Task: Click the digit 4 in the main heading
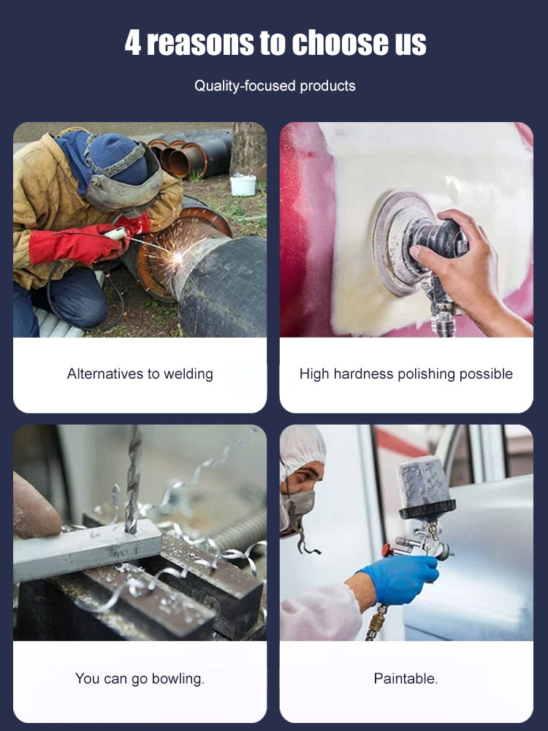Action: point(133,43)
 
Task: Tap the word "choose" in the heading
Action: point(341,42)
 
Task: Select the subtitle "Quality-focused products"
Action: point(275,86)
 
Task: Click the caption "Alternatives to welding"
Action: point(140,374)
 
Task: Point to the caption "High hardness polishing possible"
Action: point(406,374)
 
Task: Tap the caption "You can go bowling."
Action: point(140,679)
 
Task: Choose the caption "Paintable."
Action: point(406,678)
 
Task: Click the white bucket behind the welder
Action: point(243,185)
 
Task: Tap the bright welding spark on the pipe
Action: point(178,257)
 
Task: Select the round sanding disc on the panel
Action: point(396,243)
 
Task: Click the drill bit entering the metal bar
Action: point(133,480)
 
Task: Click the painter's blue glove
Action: point(400,578)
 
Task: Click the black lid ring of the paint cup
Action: point(427,510)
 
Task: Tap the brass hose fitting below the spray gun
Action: point(376,622)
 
